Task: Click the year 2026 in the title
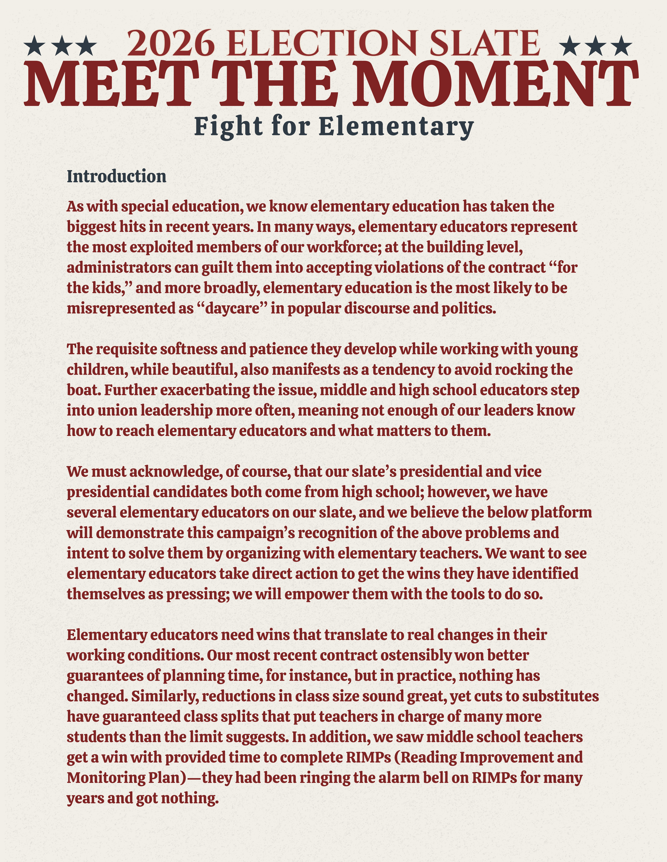click(170, 43)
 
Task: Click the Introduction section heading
click(117, 176)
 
